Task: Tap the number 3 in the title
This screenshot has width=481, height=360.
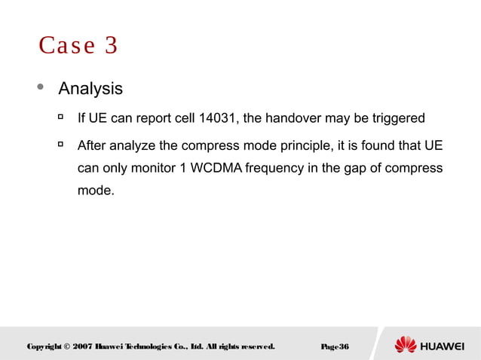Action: click(x=111, y=46)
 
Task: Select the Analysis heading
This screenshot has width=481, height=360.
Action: click(x=90, y=89)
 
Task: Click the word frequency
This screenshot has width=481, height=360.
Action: click(x=275, y=167)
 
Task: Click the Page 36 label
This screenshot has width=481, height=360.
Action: click(x=334, y=346)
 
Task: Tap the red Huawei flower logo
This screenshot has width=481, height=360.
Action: click(x=406, y=345)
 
